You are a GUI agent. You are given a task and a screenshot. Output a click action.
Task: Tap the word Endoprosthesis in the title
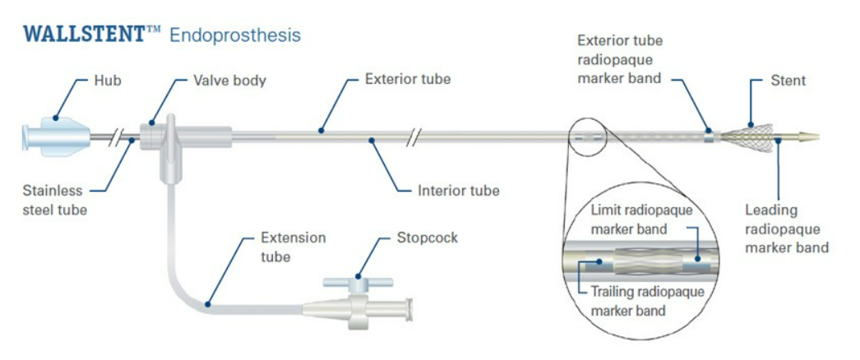coord(235,35)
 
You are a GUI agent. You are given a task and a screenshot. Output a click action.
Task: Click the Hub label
coord(103,81)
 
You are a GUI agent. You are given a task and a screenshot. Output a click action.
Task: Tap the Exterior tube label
coord(408,80)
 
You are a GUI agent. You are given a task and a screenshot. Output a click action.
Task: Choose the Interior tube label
coord(458,191)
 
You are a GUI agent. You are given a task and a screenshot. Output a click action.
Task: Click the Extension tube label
coord(293,247)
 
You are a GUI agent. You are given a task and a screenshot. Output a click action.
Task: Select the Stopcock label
coord(428,238)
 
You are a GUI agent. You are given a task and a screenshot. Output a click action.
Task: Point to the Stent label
coord(788,81)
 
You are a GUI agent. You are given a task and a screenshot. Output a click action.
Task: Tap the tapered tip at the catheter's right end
coord(809,133)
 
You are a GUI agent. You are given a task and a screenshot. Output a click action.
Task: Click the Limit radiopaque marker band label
coord(641,218)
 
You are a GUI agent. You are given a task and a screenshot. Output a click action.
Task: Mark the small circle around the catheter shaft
coord(587,136)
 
